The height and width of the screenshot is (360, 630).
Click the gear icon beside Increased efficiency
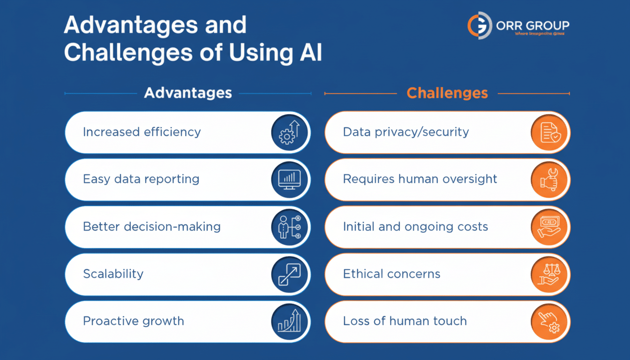click(289, 132)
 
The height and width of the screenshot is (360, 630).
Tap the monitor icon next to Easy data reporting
click(289, 180)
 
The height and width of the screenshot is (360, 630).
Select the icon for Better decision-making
click(289, 227)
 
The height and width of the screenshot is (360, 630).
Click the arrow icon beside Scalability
click(289, 274)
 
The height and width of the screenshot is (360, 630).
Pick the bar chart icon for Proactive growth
click(289, 322)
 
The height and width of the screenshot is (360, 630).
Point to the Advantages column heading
click(187, 93)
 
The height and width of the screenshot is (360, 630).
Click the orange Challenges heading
click(447, 93)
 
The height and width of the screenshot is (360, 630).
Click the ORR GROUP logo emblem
click(479, 25)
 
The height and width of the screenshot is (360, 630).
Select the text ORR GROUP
click(532, 25)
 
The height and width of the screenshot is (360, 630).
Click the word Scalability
click(113, 274)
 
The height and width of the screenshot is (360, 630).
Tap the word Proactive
click(106, 321)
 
